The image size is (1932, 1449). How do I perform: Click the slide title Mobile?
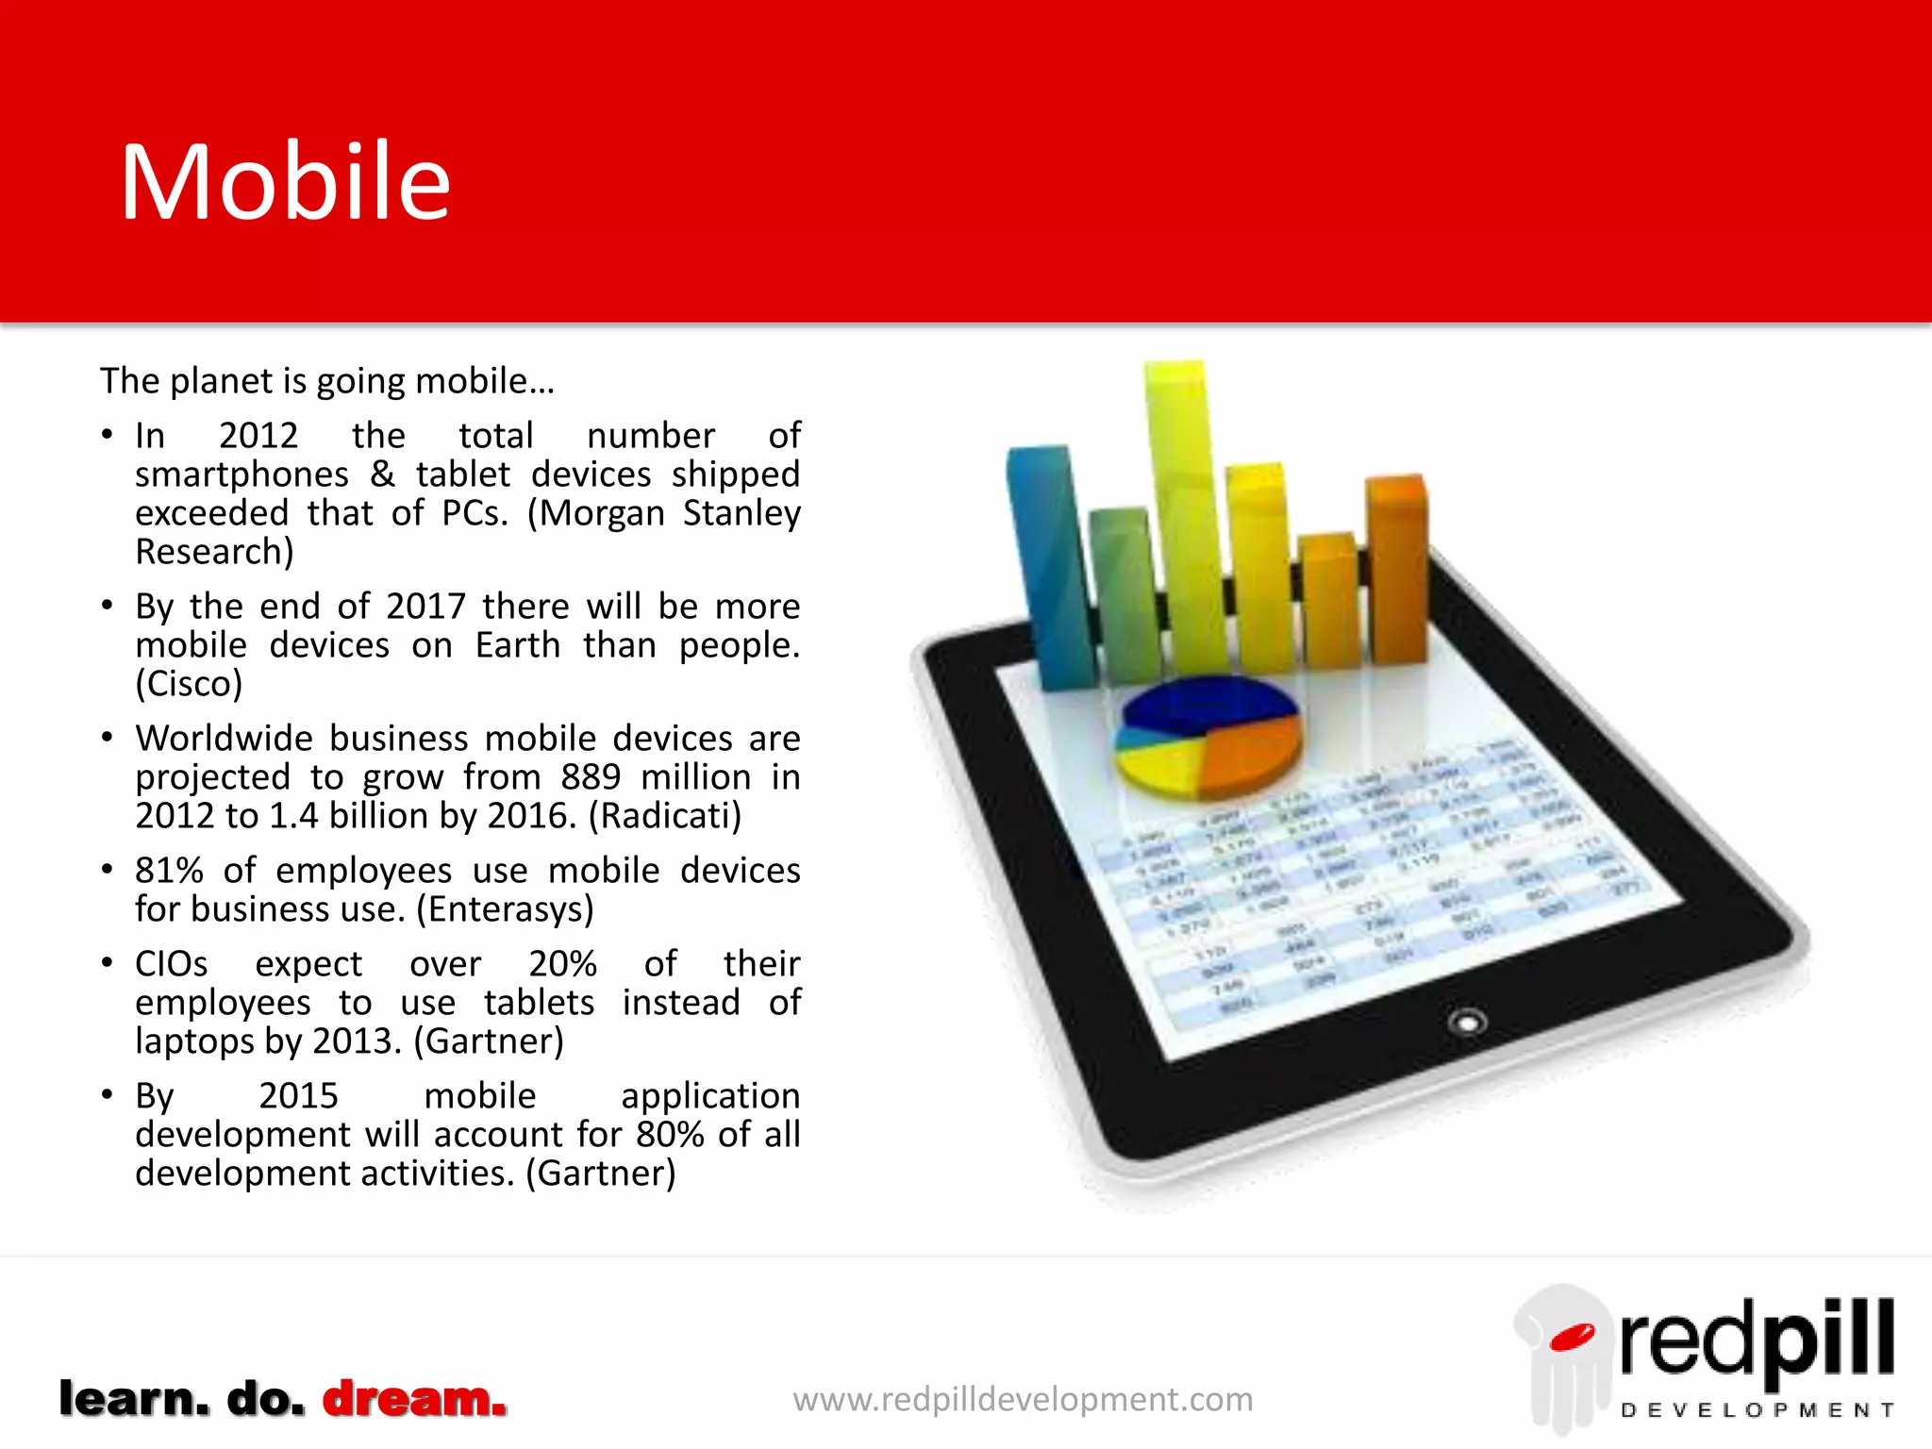tap(285, 182)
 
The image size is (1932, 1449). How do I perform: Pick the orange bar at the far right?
tap(1397, 566)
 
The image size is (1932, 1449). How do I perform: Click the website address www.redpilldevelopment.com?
tap(1023, 1399)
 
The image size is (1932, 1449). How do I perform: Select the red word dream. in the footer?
tap(414, 1398)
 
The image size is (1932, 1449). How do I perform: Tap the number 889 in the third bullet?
tap(591, 777)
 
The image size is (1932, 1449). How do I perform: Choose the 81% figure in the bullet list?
tap(169, 871)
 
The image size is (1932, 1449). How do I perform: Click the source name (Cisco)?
tap(189, 684)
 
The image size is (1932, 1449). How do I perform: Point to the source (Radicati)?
tap(665, 816)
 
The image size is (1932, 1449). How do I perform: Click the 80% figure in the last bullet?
tap(670, 1135)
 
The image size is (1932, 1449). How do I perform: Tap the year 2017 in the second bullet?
tap(425, 607)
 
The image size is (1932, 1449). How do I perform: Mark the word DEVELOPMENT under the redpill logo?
tap(1757, 1410)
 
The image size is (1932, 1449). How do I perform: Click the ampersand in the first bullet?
tap(382, 475)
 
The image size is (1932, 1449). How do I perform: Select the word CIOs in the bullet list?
tap(171, 964)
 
